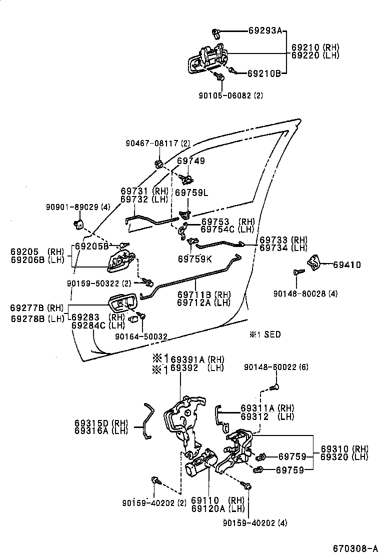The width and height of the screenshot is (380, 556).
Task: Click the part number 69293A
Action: coord(264,30)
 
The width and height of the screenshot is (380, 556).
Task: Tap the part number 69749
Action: coord(191,161)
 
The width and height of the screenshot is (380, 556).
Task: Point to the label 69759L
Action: coord(191,192)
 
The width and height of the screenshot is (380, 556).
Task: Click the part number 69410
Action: coord(347,264)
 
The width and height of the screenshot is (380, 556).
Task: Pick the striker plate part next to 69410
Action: coord(314,261)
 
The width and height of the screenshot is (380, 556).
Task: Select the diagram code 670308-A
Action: coord(355,547)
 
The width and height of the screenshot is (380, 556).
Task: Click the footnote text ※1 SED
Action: coord(264,334)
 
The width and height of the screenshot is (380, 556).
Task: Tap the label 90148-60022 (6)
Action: coord(276,367)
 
